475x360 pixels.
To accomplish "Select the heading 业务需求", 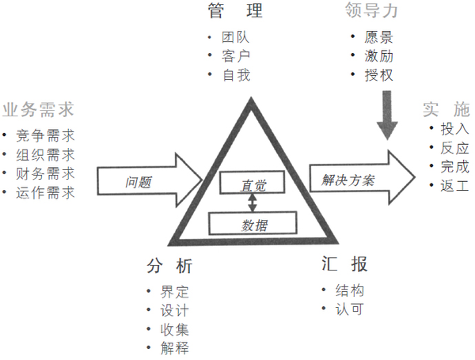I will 38,109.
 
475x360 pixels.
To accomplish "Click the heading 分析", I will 169,266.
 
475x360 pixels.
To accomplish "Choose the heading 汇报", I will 344,263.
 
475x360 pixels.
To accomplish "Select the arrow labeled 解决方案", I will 360,177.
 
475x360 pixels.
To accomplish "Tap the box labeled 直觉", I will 254,184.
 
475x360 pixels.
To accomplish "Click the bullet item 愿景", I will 378,36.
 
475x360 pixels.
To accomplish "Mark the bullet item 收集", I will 175,328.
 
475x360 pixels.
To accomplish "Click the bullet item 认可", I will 349,309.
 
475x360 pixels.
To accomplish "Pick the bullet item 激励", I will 378,55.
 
